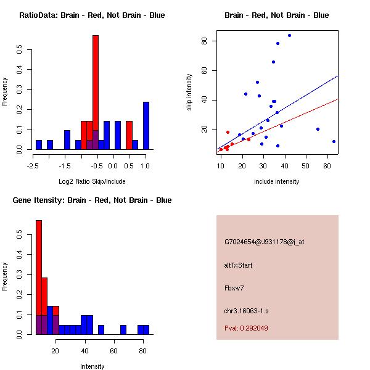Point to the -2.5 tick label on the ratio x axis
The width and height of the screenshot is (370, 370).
pyautogui.click(x=33, y=166)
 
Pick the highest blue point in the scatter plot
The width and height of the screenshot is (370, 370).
pyautogui.click(x=289, y=35)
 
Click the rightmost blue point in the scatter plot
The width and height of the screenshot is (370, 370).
pyautogui.click(x=334, y=141)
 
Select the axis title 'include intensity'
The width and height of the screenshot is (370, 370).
pyautogui.click(x=276, y=181)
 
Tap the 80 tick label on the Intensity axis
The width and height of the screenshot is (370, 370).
pyautogui.click(x=142, y=351)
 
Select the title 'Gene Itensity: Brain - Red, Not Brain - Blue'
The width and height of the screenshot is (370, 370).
pyautogui.click(x=92, y=200)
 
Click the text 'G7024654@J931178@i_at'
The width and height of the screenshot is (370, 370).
pyautogui.click(x=264, y=242)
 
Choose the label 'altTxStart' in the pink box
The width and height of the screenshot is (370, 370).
pyautogui.click(x=239, y=265)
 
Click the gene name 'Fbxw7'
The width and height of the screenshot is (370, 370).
pyautogui.click(x=235, y=288)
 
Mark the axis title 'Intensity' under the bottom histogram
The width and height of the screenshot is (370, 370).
pyautogui.click(x=92, y=366)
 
